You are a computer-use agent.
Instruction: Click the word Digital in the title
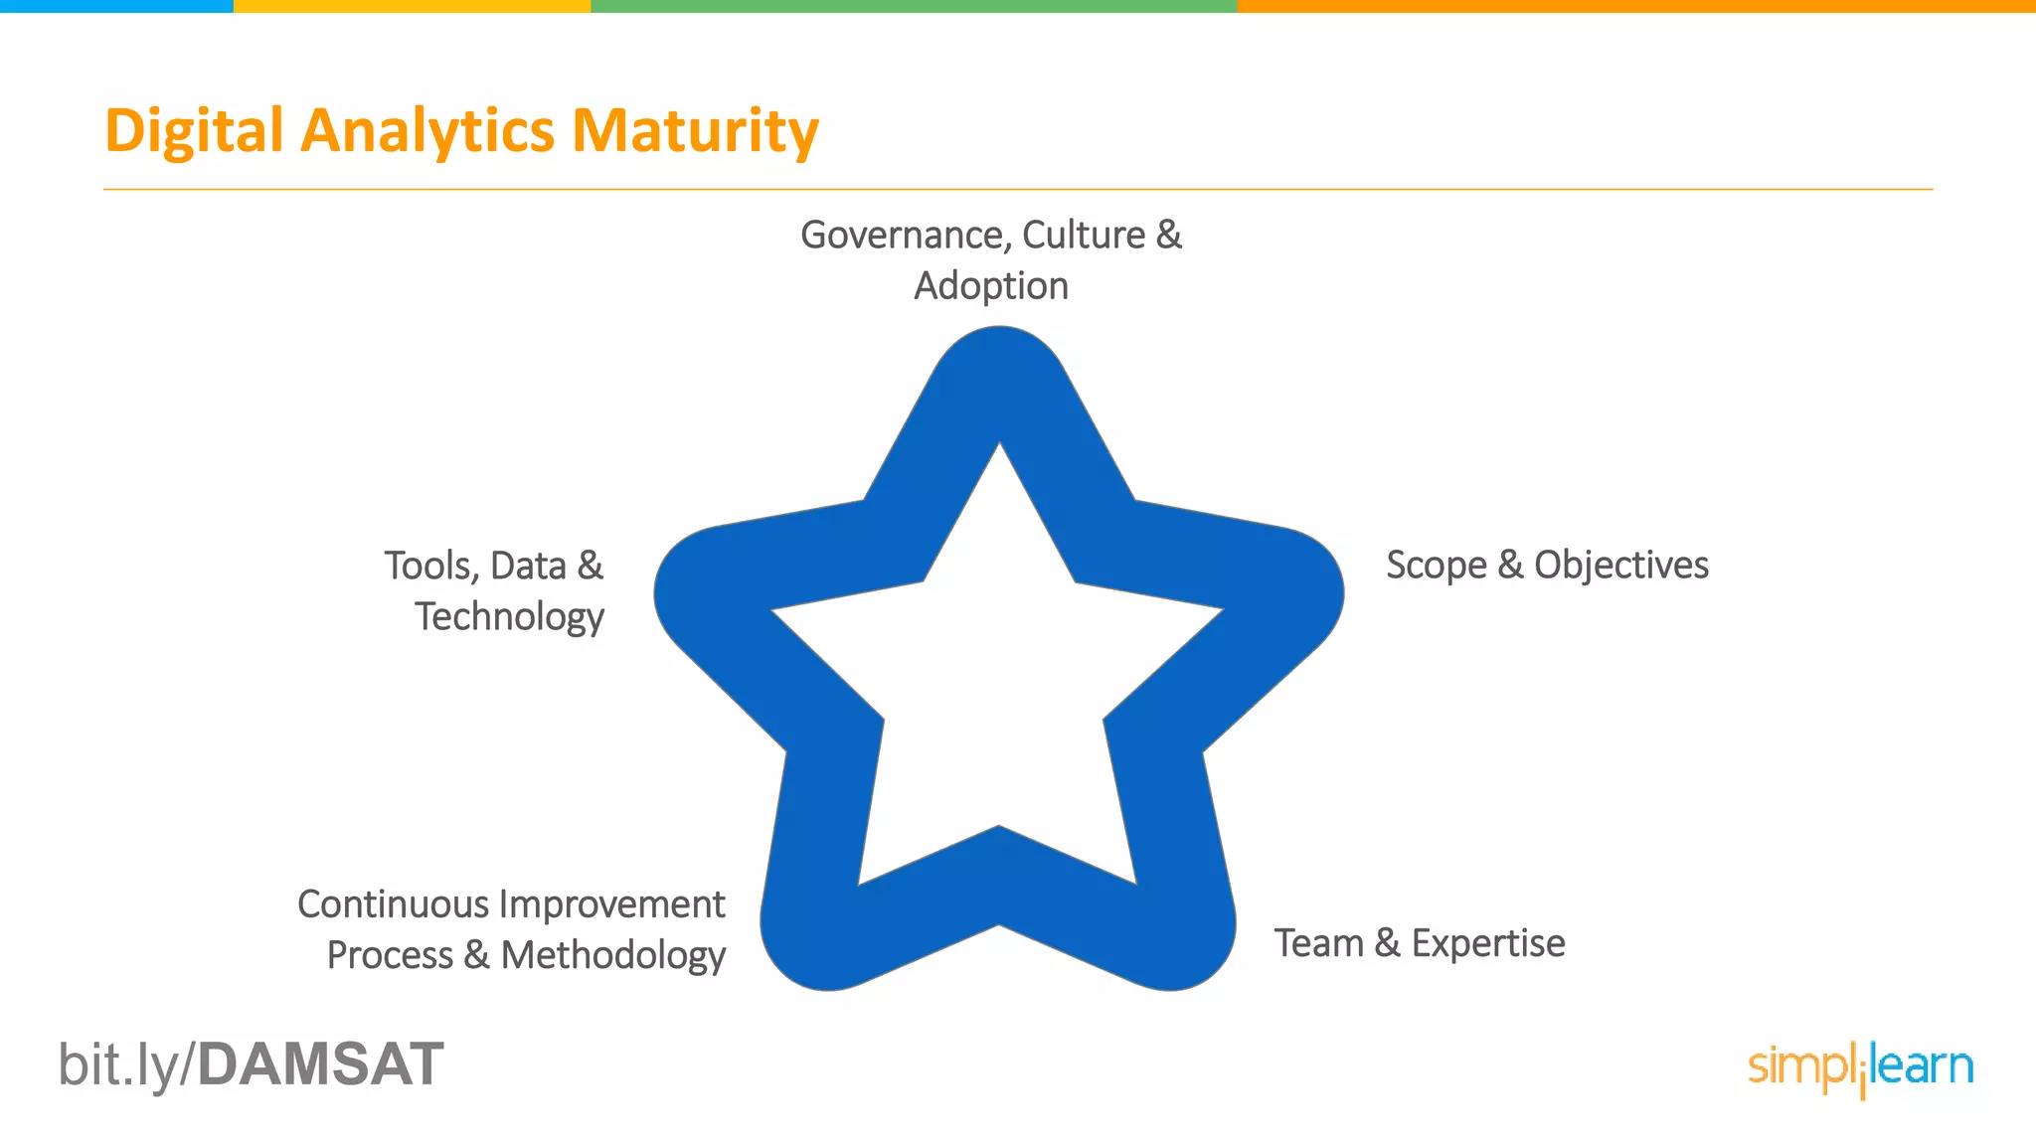pyautogui.click(x=194, y=131)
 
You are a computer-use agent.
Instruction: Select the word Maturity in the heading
pyautogui.click(x=695, y=131)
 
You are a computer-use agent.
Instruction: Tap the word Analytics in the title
pyautogui.click(x=427, y=131)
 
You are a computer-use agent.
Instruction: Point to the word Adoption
pyautogui.click(x=991, y=286)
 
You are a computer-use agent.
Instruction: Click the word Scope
pyautogui.click(x=1436, y=565)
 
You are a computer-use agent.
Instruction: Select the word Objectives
pyautogui.click(x=1620, y=565)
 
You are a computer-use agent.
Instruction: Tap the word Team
pyautogui.click(x=1318, y=943)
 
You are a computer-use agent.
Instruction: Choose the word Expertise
pyautogui.click(x=1488, y=943)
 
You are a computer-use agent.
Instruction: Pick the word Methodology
pyautogui.click(x=612, y=955)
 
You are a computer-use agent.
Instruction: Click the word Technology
pyautogui.click(x=509, y=617)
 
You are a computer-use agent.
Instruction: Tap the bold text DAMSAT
pyautogui.click(x=320, y=1064)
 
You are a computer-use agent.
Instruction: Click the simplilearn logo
pyautogui.click(x=1860, y=1068)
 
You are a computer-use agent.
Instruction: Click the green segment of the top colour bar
pyautogui.click(x=914, y=6)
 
